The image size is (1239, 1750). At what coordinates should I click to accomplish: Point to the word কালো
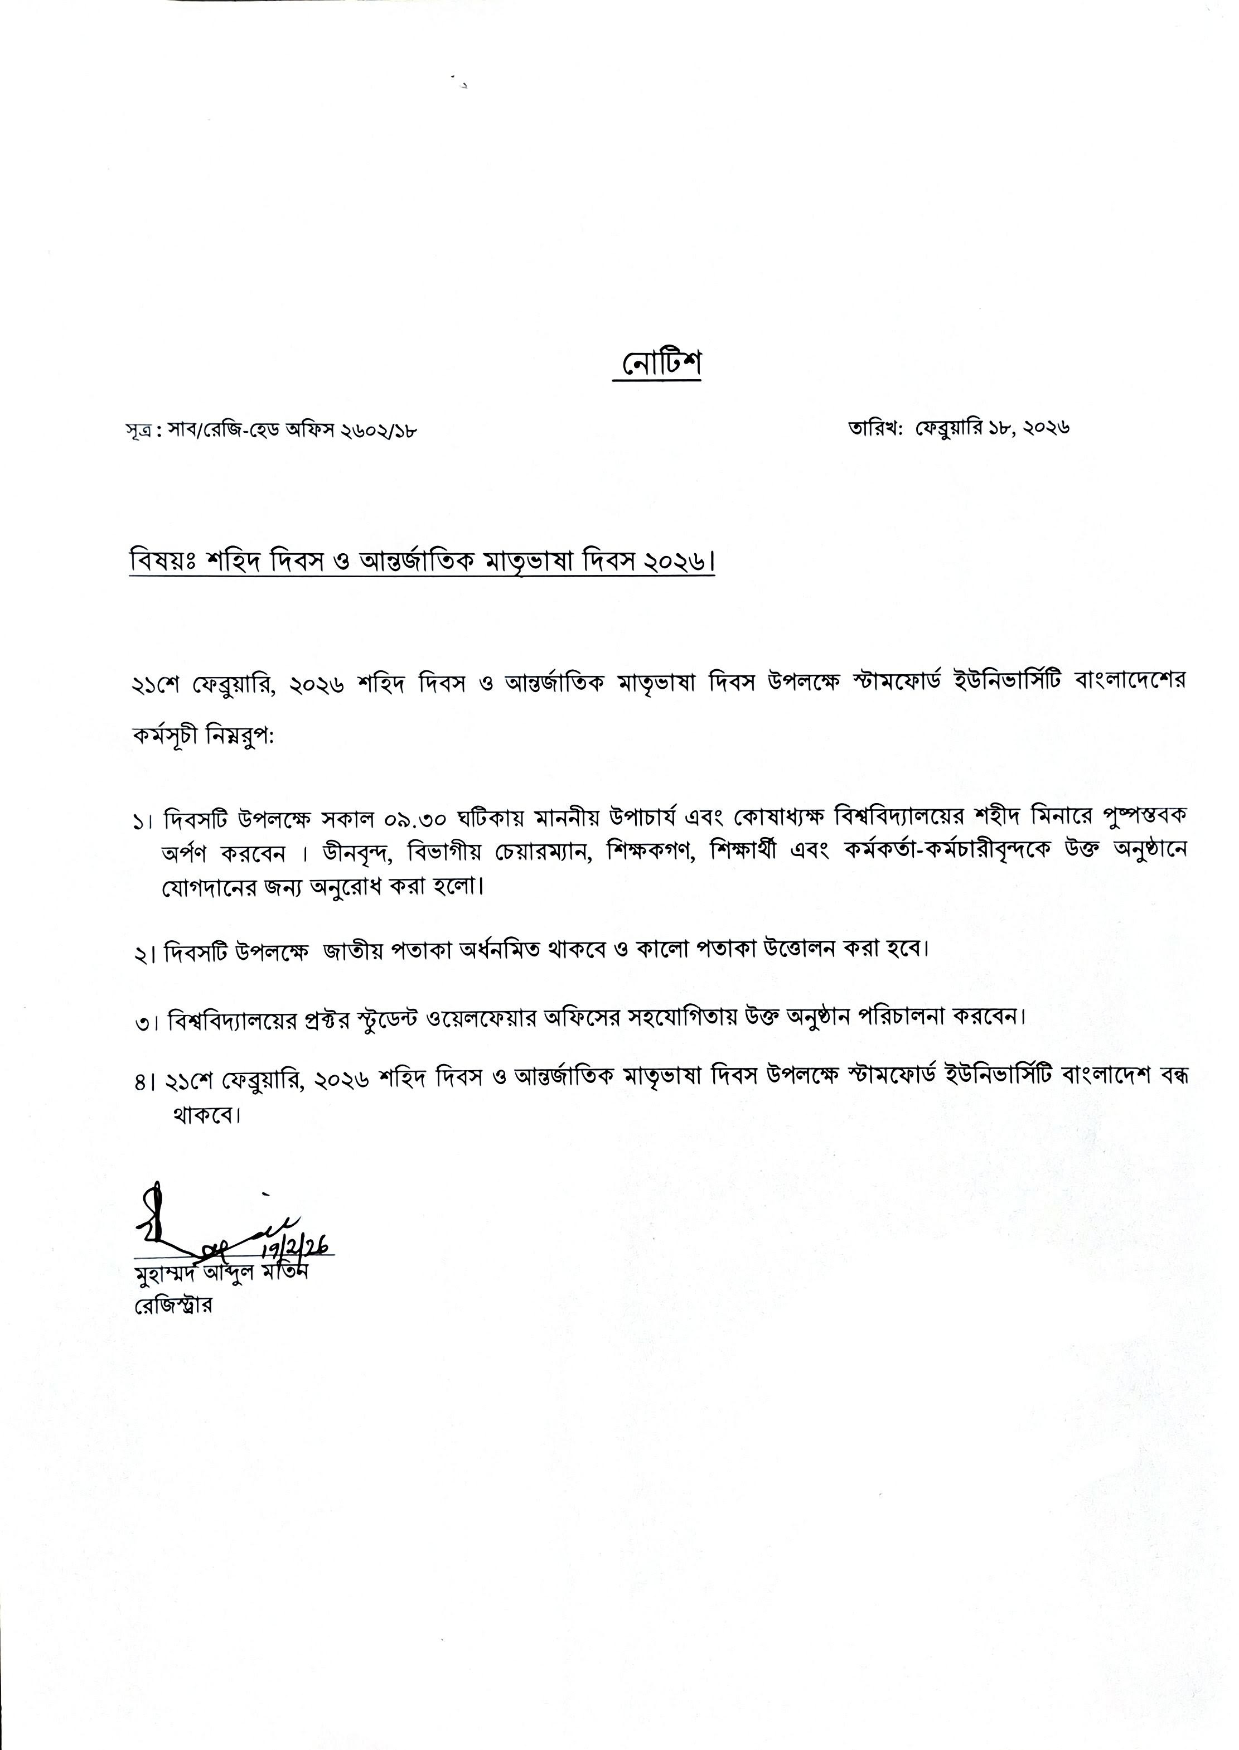coord(661,950)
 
